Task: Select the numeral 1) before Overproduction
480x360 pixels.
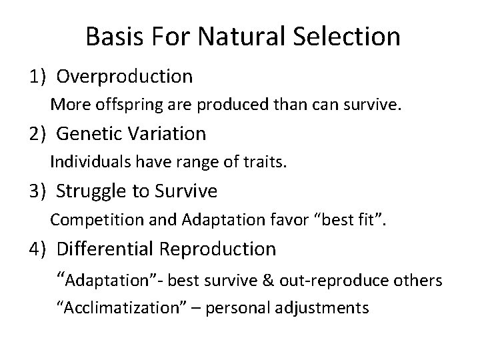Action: click(x=37, y=77)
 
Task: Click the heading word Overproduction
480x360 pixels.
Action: click(x=125, y=77)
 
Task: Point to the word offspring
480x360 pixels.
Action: click(x=115, y=105)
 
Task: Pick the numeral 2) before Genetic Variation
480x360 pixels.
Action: click(x=37, y=134)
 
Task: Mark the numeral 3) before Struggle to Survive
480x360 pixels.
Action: click(x=37, y=192)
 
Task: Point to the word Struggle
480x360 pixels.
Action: click(x=91, y=192)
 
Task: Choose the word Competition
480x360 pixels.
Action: click(x=89, y=219)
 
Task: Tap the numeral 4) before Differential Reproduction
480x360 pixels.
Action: click(x=37, y=249)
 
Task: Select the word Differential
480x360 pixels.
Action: click(x=106, y=249)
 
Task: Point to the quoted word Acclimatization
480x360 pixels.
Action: click(x=127, y=309)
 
